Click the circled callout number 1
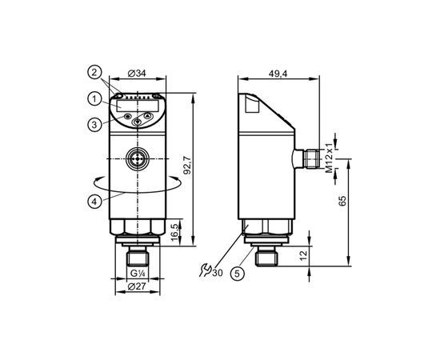click(94, 99)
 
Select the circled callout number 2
click(94, 73)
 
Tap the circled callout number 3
click(94, 124)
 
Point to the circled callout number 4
click(94, 201)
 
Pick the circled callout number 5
click(238, 273)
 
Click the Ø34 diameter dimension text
click(137, 74)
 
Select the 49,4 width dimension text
click(278, 74)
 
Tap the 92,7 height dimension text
click(187, 165)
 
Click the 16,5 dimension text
click(174, 232)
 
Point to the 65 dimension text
click(342, 201)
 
